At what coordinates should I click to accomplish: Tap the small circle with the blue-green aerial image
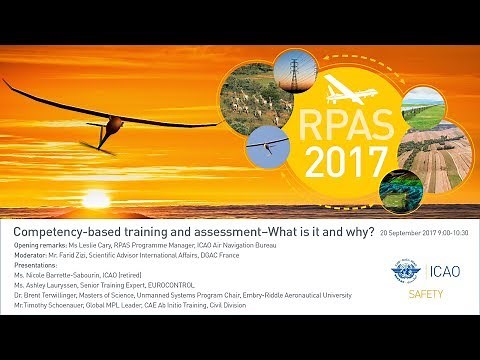[399, 189]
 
